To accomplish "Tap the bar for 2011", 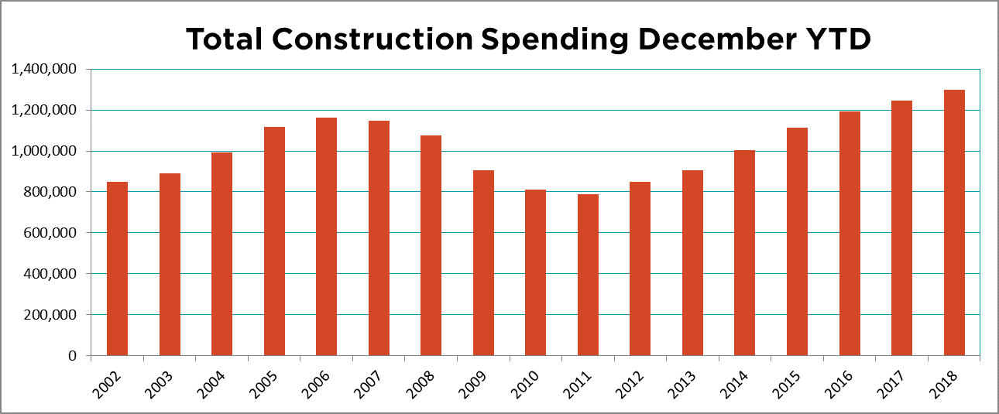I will click(588, 275).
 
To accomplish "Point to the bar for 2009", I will click(483, 262).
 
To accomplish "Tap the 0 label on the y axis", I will click(71, 356).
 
